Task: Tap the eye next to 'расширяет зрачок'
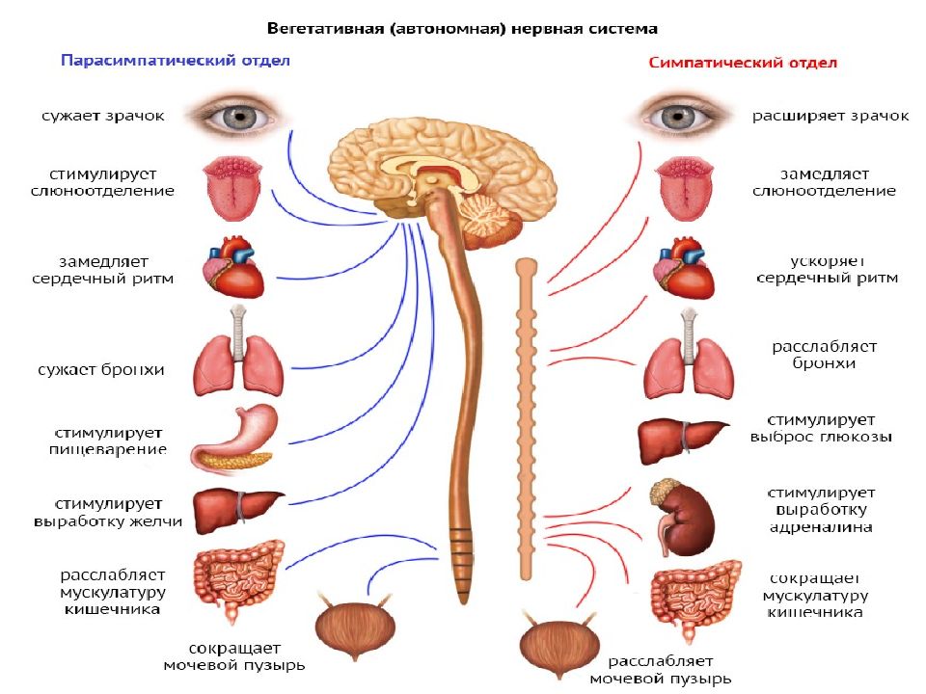[x=678, y=116]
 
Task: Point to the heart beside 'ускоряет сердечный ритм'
[x=684, y=268]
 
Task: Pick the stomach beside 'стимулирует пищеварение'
[x=234, y=440]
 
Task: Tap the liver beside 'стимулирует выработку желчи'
[x=237, y=510]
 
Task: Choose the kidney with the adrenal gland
[x=683, y=519]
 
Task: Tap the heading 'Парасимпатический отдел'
[x=176, y=60]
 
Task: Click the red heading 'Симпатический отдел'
[x=743, y=63]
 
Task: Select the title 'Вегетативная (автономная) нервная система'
[x=462, y=28]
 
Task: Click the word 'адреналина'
[x=821, y=527]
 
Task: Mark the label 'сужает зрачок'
[x=103, y=116]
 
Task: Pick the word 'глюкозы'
[x=856, y=438]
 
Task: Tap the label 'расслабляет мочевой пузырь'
[x=661, y=670]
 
